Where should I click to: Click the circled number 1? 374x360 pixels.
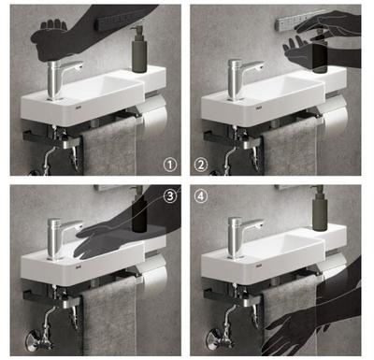coord(170,165)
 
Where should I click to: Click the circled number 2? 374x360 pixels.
coord(201,165)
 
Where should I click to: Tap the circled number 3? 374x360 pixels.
coord(170,196)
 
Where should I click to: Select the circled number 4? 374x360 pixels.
coord(201,196)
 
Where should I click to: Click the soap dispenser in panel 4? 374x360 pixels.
coord(320,209)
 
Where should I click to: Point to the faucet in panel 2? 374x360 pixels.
coord(242,79)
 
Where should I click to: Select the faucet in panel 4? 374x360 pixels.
coord(242,238)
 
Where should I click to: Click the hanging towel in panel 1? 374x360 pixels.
coord(109,148)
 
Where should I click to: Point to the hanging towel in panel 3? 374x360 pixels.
coord(109,316)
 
